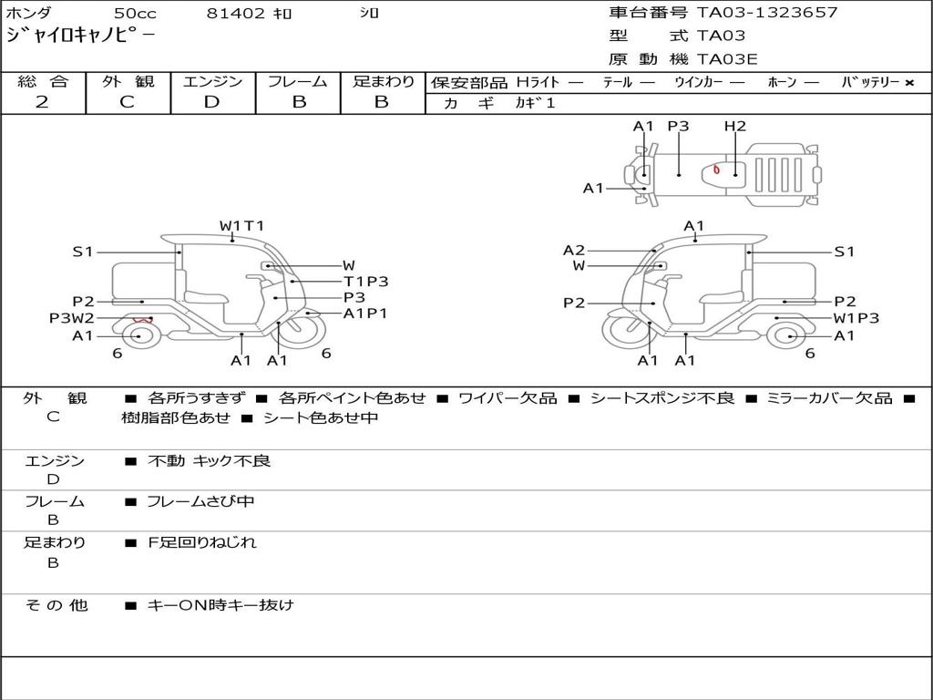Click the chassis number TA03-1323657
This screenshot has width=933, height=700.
[766, 13]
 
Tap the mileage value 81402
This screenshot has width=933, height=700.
[236, 14]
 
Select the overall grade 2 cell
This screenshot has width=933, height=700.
[43, 102]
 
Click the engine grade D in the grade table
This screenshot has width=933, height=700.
[211, 102]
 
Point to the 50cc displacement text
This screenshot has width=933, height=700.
[135, 14]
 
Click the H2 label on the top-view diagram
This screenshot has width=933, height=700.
[735, 127]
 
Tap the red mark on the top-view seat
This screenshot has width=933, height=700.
[717, 170]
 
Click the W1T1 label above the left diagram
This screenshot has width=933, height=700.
[241, 226]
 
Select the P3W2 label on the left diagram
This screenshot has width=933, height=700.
[71, 318]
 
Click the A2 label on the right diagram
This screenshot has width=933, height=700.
[574, 250]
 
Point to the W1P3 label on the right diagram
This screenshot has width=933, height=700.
[856, 318]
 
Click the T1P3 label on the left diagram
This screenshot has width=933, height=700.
[365, 282]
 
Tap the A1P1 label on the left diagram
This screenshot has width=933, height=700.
[365, 314]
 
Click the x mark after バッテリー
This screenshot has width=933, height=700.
[909, 83]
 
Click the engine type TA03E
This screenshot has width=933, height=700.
[728, 59]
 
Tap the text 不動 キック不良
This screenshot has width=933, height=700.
[210, 461]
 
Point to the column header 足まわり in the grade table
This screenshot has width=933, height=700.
[383, 82]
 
